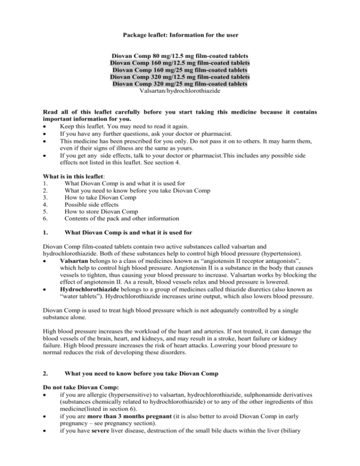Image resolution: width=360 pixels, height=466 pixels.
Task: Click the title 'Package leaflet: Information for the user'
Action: tap(180, 35)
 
